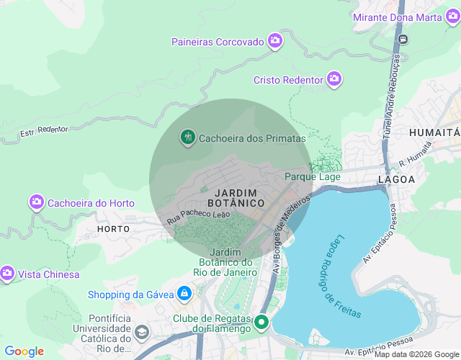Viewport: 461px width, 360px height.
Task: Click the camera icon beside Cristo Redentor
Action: coord(334,79)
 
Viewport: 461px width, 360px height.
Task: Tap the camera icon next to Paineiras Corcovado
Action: coord(274,41)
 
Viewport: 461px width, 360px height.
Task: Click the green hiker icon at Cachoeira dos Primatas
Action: coord(188,138)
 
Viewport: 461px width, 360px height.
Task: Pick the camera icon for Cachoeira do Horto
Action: coord(37,202)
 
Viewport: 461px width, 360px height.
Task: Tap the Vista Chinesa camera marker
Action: coord(7,274)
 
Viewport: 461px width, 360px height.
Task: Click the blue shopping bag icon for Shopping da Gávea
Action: coord(185,294)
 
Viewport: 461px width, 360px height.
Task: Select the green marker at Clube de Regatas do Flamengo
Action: coord(261,322)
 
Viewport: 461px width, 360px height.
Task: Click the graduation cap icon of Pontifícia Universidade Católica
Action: coord(142,333)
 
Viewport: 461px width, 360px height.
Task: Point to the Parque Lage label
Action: coord(312,176)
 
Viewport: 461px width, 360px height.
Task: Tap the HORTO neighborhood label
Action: coord(113,229)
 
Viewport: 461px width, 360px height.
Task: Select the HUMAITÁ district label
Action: coord(434,133)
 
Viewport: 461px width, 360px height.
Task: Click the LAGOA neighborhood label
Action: coord(397,179)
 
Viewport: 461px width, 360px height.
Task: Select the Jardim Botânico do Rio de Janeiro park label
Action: coord(233,262)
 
